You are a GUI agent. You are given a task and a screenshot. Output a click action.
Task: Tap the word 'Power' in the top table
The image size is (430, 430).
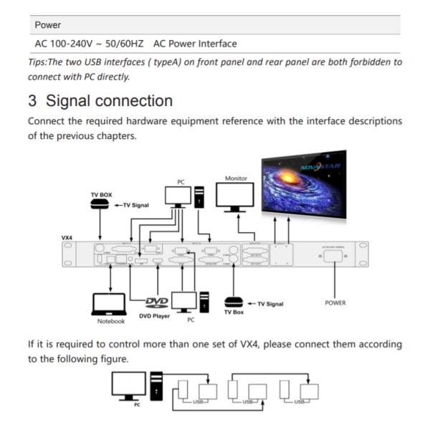47,24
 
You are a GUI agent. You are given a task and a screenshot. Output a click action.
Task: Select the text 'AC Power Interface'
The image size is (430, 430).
195,44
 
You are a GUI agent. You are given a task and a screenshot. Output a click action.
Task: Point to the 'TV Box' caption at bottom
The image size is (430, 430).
234,312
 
